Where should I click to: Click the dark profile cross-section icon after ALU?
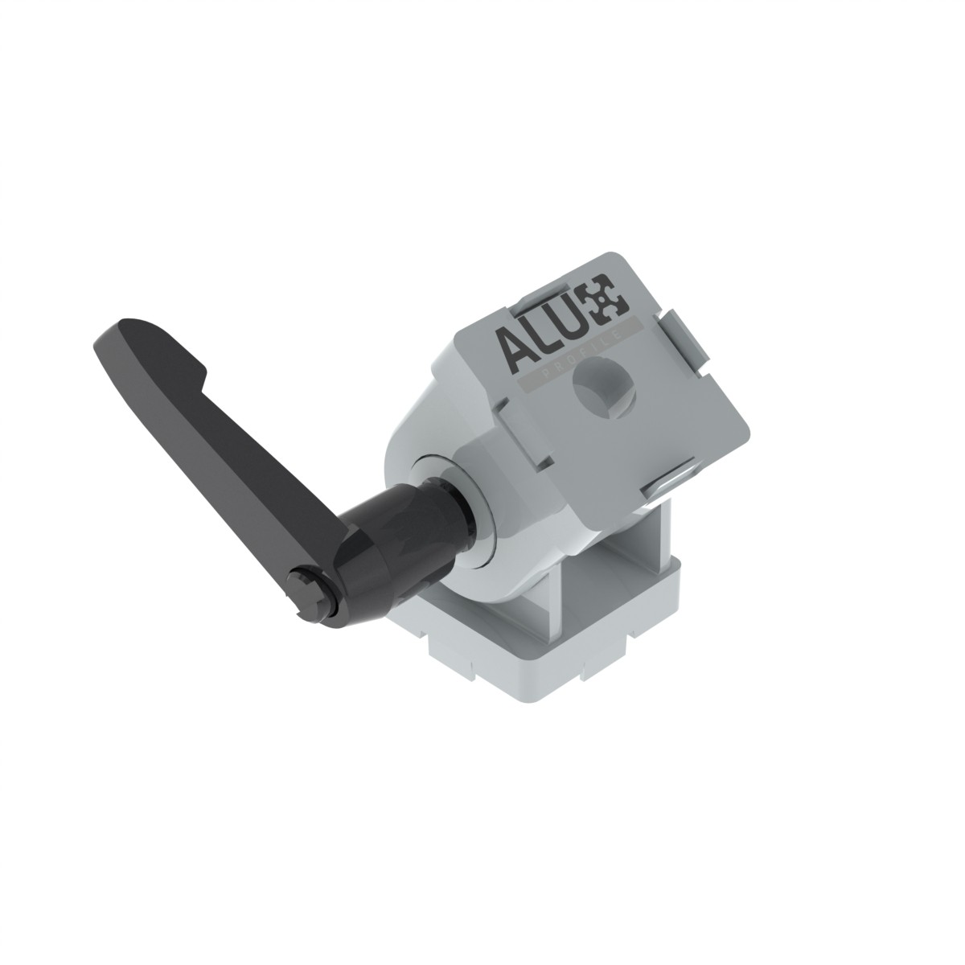609,300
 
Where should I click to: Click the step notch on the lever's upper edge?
203,380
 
